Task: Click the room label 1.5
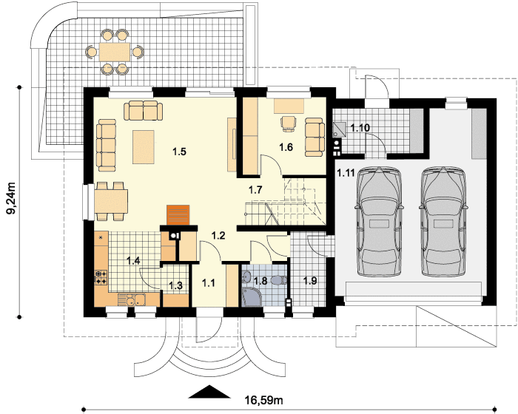tap(179, 152)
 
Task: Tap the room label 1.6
tap(286, 147)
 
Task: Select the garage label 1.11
tap(346, 173)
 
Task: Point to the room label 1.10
tap(360, 128)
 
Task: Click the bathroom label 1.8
tap(260, 281)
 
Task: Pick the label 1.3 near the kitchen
tap(176, 285)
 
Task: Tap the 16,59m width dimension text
tap(263, 401)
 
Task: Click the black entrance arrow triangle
tap(209, 391)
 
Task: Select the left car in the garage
tap(379, 222)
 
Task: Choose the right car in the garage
tap(444, 222)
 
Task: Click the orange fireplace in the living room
tap(178, 215)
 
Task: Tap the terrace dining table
tap(115, 52)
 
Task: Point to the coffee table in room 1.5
tap(144, 147)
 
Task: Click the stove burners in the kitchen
tap(101, 277)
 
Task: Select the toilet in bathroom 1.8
tap(279, 281)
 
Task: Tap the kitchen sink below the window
tap(135, 300)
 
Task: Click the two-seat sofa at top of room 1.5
tap(144, 110)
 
